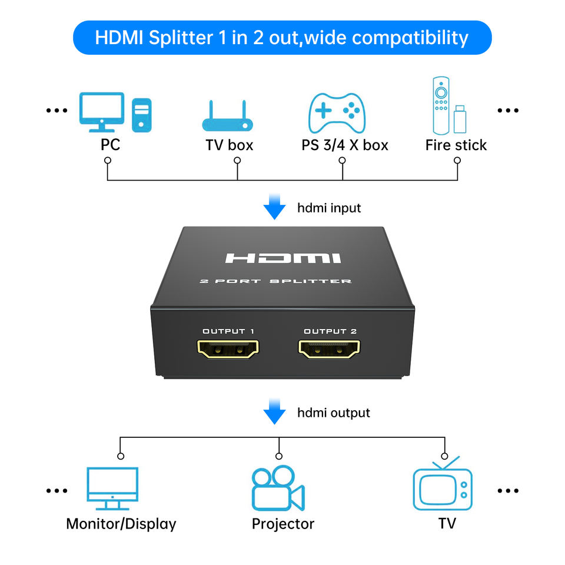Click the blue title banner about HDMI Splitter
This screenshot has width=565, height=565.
pyautogui.click(x=282, y=38)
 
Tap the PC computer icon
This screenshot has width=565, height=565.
pyautogui.click(x=115, y=112)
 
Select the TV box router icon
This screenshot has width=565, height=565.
pyautogui.click(x=227, y=117)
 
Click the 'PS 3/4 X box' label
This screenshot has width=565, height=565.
pyautogui.click(x=345, y=145)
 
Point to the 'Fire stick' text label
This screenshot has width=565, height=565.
pyautogui.click(x=456, y=145)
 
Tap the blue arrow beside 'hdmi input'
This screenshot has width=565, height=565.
pyautogui.click(x=274, y=208)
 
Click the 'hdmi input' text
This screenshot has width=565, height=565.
pyautogui.click(x=329, y=208)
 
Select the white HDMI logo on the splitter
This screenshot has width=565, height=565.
pyautogui.click(x=283, y=258)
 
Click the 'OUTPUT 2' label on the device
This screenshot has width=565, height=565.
pyautogui.click(x=330, y=331)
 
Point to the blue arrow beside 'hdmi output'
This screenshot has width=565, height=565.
pyautogui.click(x=274, y=411)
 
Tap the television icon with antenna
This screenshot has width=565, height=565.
pyautogui.click(x=443, y=485)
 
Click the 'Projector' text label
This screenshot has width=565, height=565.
pyautogui.click(x=283, y=523)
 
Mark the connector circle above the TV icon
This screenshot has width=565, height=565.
pyautogui.click(x=445, y=456)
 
